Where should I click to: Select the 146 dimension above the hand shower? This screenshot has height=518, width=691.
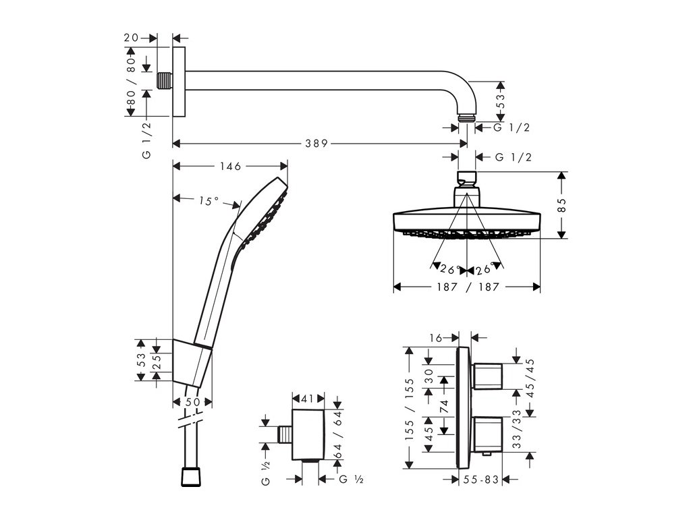coord(230,165)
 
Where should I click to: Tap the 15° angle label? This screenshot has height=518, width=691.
coord(209,200)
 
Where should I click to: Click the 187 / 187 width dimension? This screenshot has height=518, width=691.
coord(467,287)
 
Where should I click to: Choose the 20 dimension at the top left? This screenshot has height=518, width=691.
coord(132,38)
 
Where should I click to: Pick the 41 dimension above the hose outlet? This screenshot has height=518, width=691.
coord(308,398)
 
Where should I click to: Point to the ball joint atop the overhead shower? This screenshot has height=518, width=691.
coord(466,180)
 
